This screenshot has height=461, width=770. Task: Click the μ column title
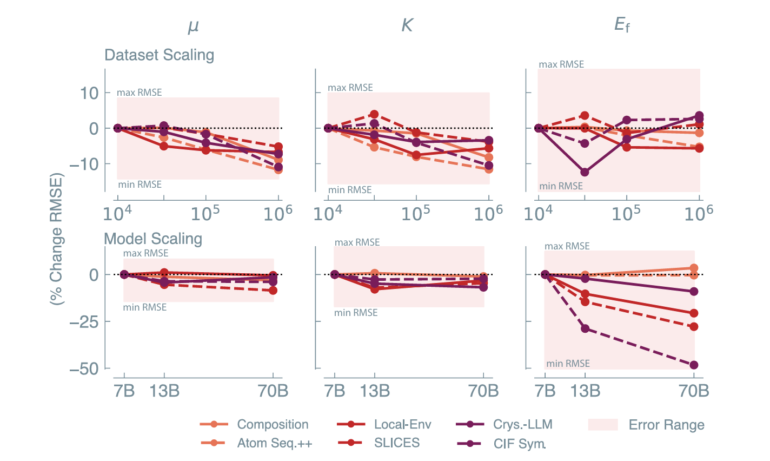click(x=193, y=26)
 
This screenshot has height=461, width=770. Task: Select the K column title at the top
click(x=407, y=25)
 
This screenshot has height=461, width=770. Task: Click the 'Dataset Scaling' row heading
click(x=159, y=55)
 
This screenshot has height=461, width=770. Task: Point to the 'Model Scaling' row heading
click(x=153, y=239)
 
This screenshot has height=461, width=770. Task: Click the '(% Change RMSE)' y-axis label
click(x=56, y=239)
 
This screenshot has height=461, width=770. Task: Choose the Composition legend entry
click(x=273, y=425)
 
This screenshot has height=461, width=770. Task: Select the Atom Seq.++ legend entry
click(x=275, y=443)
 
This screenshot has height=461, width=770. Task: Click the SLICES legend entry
click(x=396, y=443)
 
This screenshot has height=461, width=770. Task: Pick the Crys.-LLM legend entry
click(x=522, y=425)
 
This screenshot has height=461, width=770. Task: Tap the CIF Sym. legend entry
click(x=519, y=444)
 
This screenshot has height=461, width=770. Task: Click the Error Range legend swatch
click(x=602, y=425)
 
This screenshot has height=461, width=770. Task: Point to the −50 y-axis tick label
click(x=84, y=368)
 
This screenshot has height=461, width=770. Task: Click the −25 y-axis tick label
click(x=84, y=321)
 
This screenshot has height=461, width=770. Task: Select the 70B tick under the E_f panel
click(x=694, y=391)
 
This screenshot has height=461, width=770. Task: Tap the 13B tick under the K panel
click(x=374, y=391)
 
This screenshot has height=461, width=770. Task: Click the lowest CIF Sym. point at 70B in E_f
click(x=694, y=365)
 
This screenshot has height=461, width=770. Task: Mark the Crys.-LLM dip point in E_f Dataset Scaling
click(x=585, y=173)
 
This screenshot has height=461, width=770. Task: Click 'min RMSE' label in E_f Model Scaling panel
click(x=568, y=364)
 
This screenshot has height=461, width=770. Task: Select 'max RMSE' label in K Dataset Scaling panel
click(x=350, y=88)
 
